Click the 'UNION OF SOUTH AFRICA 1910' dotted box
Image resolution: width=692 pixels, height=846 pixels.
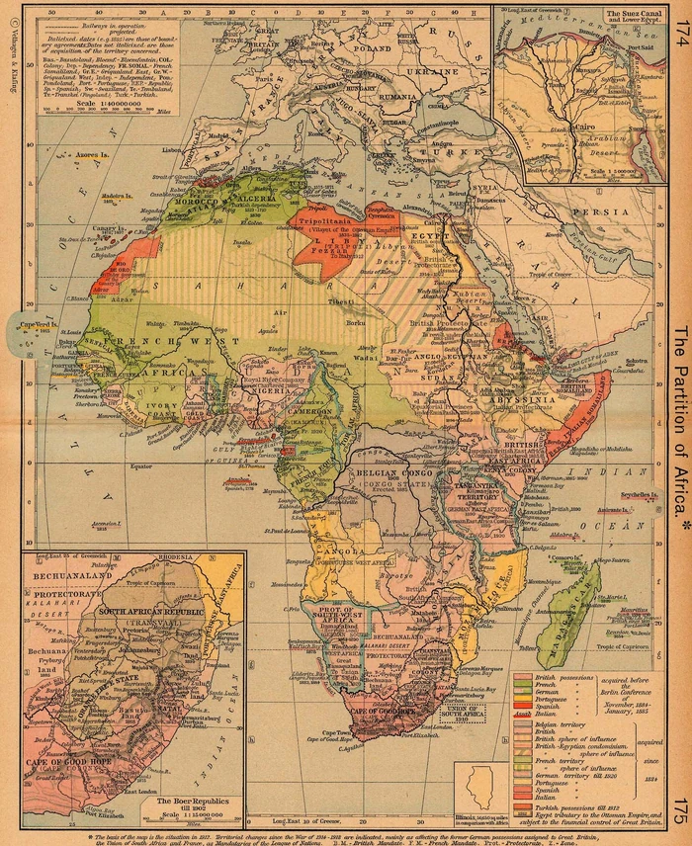coord(469,711)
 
